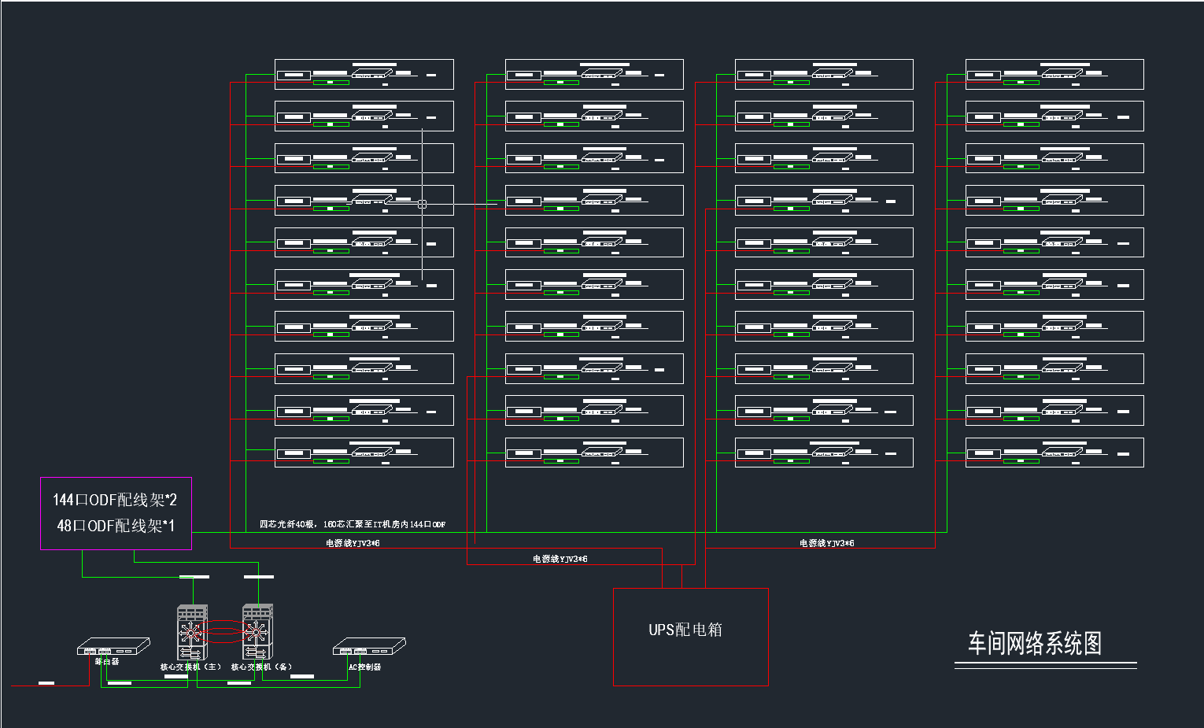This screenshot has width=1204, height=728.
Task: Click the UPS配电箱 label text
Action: pos(685,630)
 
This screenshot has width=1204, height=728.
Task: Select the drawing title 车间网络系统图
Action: pos(1034,644)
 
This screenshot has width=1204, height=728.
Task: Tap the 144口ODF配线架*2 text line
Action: pos(115,500)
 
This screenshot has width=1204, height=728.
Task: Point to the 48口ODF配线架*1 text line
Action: pos(116,526)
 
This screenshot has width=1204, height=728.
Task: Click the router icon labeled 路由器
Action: pos(113,646)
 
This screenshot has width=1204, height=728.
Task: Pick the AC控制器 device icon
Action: pos(369,646)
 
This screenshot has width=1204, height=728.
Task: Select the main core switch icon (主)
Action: pos(192,631)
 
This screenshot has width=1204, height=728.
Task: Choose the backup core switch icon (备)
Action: pos(257,631)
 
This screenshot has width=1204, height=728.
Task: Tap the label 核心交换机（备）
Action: pos(262,667)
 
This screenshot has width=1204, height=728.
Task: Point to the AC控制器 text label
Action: pos(364,667)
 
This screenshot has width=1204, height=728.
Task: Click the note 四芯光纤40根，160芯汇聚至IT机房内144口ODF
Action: pos(353,524)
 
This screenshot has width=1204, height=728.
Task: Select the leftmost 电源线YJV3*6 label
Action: pos(353,543)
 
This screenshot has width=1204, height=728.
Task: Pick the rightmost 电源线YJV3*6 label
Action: pos(826,543)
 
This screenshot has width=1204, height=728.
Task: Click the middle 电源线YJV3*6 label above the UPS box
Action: pos(560,559)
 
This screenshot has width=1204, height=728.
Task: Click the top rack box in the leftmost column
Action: pos(364,74)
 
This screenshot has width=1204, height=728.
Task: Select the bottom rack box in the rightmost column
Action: pos(1054,453)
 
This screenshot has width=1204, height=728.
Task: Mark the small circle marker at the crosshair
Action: pos(423,204)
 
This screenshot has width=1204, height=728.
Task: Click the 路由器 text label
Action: pos(107,662)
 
